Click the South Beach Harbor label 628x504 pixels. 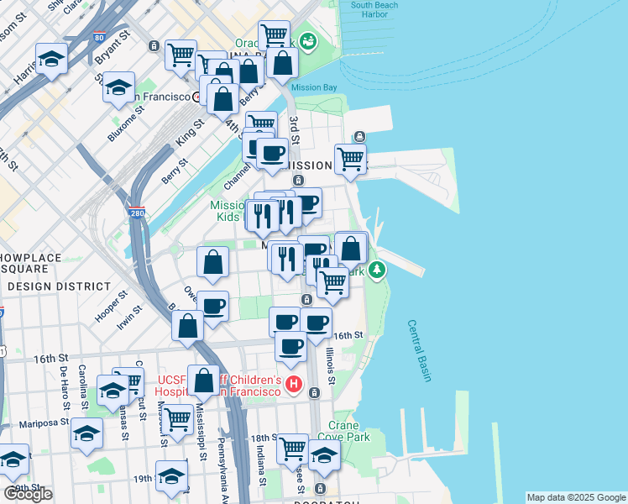[374, 9]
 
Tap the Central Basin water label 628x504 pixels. [420, 350]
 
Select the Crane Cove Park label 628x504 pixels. [349, 432]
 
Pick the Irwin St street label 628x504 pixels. [130, 315]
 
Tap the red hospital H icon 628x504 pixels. [294, 386]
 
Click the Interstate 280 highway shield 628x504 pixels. [137, 214]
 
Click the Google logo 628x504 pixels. [29, 494]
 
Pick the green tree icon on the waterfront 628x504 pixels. [378, 269]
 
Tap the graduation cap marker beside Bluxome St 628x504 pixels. [119, 87]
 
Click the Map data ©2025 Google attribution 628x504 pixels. [576, 497]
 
